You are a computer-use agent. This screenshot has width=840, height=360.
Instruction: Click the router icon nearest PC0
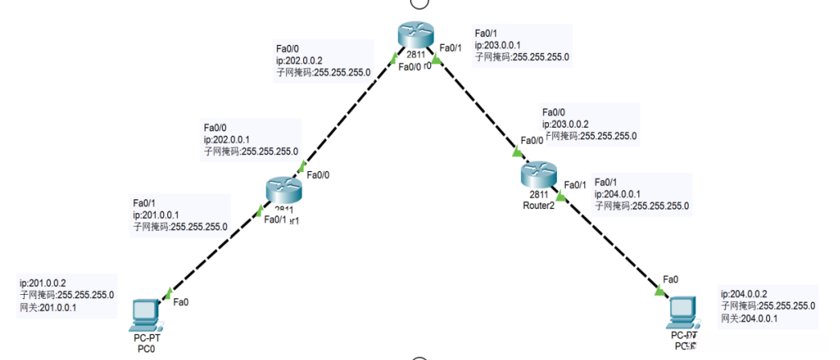tap(282, 190)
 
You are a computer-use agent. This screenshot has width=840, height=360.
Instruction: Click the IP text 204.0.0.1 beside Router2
tap(617, 194)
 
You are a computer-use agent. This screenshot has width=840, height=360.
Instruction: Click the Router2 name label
tap(539, 205)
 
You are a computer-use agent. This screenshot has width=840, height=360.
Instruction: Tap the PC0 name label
tap(145, 349)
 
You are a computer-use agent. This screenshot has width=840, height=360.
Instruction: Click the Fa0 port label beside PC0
tap(182, 302)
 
